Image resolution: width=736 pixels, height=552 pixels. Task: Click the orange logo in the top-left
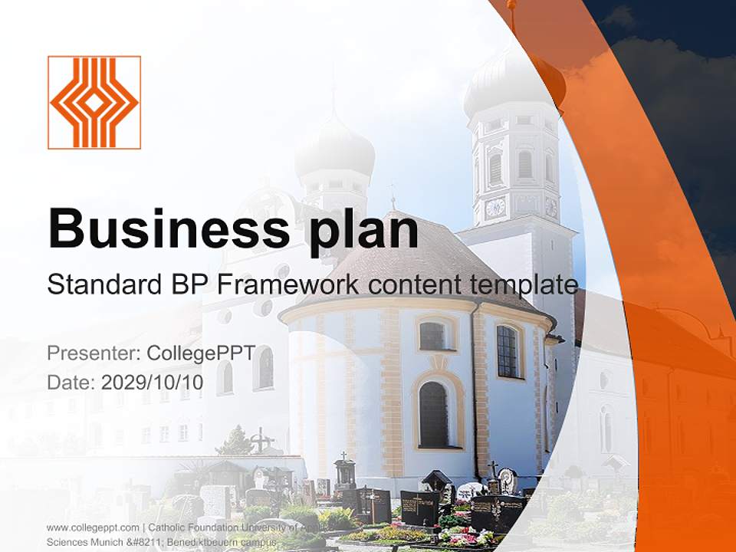point(94,102)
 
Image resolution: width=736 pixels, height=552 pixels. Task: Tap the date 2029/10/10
point(152,382)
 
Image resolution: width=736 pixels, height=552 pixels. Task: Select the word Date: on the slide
point(71,382)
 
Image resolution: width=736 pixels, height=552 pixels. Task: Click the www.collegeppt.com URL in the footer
point(93,527)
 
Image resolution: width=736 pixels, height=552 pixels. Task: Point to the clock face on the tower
point(495,207)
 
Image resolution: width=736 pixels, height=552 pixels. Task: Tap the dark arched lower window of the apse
point(433,414)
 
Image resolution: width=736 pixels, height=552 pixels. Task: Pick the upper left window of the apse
point(432,336)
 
